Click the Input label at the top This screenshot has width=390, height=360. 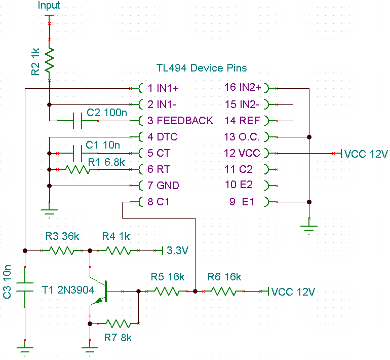[49, 6]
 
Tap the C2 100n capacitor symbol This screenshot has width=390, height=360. [77, 121]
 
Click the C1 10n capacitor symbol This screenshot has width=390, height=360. [77, 153]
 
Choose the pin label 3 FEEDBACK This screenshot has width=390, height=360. [180, 121]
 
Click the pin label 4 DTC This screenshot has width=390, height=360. [163, 137]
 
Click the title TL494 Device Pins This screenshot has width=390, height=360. [202, 68]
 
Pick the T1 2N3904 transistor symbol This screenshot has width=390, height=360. [101, 292]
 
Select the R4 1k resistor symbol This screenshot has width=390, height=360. [117, 250]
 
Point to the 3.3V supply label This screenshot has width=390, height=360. [177, 250]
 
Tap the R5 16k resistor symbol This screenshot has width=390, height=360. [167, 292]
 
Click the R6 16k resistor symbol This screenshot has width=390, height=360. [223, 292]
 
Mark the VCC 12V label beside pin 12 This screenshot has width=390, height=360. [366, 154]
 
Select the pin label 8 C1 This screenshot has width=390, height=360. [159, 202]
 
